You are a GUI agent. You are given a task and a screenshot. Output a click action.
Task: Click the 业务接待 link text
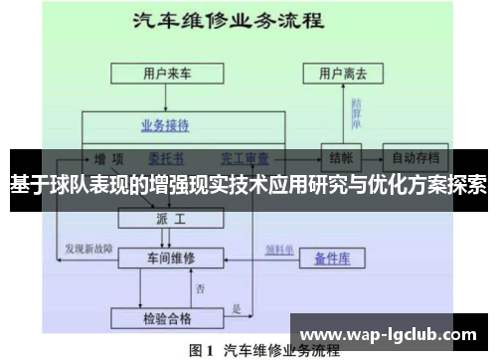coord(164,126)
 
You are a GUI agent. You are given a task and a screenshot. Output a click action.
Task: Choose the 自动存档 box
coord(415,157)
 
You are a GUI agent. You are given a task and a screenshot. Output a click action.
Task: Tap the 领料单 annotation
coord(276,248)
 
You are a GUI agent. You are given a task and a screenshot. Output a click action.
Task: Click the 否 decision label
coord(200,288)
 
